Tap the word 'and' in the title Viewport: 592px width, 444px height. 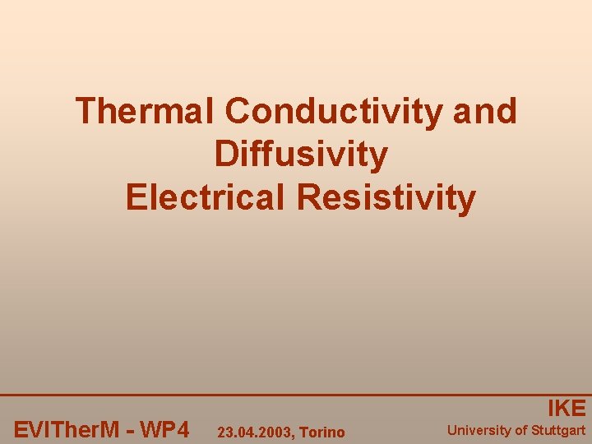coord(484,111)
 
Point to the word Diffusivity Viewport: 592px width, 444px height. coord(300,155)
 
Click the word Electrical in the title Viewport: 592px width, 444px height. coord(206,198)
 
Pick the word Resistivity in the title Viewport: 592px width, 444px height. coord(386,198)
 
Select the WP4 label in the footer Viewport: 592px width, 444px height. coord(164,430)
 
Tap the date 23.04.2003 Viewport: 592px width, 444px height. coord(252,432)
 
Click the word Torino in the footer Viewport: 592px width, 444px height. coord(322,432)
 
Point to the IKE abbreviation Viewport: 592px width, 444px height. coord(567,409)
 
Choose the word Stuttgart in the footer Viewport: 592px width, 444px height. coord(558,430)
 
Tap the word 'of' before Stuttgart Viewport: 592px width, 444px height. coord(521,430)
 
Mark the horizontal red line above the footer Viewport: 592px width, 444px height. coord(296,395)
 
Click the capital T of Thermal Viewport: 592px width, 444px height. coord(86,111)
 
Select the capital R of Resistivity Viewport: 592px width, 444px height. coord(309,198)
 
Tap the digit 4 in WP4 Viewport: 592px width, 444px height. coord(183,430)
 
